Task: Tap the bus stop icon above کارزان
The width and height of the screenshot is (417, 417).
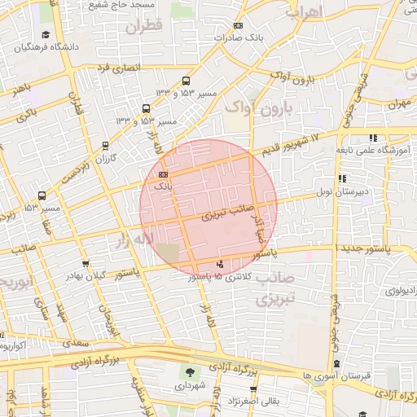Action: click(x=105, y=146)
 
